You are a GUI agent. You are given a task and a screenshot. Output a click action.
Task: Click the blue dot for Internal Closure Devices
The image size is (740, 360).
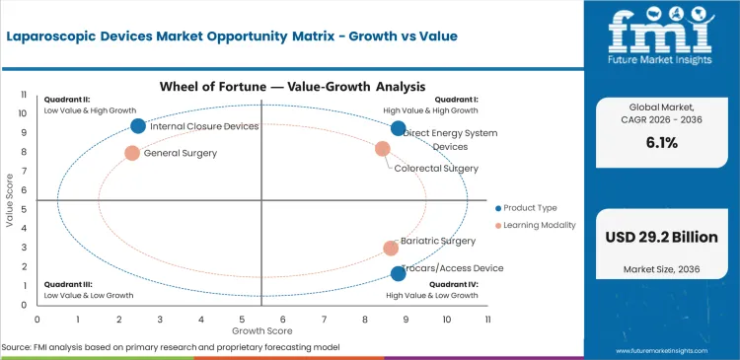(138, 125)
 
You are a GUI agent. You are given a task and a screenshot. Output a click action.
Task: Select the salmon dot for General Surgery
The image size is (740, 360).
(132, 153)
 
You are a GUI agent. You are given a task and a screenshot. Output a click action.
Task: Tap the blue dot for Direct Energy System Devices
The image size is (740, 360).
(399, 128)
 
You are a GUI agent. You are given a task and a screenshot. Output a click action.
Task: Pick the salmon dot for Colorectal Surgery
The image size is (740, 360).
(383, 149)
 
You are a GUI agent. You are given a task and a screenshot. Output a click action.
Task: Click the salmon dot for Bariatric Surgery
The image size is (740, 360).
(391, 249)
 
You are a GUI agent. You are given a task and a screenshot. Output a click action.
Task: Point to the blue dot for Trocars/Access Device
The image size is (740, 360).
(399, 273)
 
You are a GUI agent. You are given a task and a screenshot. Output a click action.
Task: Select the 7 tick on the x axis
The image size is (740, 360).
(324, 320)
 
